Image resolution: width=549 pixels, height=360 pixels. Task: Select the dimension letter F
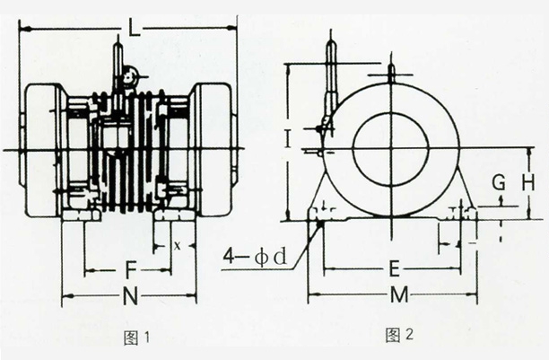pos(131,270)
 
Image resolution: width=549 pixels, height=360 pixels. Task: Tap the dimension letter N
pos(130,296)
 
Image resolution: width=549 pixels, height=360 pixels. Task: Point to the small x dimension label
pos(178,246)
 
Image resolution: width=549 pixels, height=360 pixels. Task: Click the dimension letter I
pos(288,138)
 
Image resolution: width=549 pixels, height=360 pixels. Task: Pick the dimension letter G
pos(499,182)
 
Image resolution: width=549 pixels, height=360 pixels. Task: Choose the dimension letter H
pos(528,182)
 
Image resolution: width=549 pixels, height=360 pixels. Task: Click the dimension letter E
pos(395,269)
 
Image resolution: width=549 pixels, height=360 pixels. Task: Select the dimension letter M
pos(399,294)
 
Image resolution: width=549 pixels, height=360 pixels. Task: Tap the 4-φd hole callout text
pos(255,256)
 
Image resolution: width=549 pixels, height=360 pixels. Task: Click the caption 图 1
pos(137,338)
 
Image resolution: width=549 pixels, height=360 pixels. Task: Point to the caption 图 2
pos(399,335)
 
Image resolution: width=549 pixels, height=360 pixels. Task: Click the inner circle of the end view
pos(391,150)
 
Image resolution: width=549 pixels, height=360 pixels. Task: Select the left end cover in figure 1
pos(40,150)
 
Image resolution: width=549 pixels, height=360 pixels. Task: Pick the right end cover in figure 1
pos(215,150)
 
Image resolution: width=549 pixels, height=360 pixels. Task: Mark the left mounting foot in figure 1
pos(82,215)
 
